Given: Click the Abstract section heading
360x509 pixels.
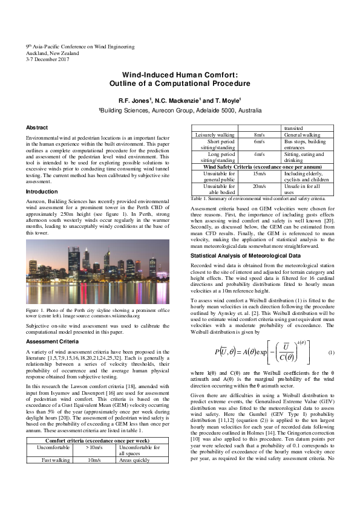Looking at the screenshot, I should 37,128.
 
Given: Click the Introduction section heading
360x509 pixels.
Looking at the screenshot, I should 42,192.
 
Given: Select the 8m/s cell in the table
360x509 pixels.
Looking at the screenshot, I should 259,135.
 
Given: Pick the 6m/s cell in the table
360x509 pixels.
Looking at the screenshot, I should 259,141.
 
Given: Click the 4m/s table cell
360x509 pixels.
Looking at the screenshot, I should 259,155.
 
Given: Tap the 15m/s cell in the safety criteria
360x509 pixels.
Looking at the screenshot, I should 259,174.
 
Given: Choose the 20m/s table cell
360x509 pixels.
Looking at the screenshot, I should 259,187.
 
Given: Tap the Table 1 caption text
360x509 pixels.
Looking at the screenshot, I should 258,198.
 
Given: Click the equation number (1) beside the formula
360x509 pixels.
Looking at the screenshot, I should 331,352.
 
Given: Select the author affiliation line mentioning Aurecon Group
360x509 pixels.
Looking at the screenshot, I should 180,111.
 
